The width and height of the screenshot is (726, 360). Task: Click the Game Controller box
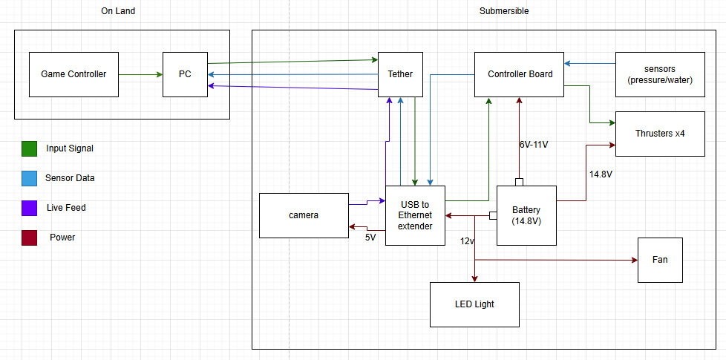[x=73, y=74]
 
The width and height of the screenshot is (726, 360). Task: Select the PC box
[x=185, y=74]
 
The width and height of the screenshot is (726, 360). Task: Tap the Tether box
[x=400, y=74]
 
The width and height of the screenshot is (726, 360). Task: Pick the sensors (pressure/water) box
[x=660, y=74]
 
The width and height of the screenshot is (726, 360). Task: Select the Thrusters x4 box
[x=660, y=134]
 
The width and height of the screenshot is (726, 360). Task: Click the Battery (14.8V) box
[x=526, y=215]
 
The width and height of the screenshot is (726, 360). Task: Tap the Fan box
[x=660, y=260]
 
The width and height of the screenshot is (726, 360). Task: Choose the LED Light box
[x=474, y=304]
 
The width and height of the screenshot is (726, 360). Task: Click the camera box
[x=304, y=215]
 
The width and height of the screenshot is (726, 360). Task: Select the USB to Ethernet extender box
[x=415, y=215]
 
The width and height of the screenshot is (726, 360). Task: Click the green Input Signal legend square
[x=29, y=148]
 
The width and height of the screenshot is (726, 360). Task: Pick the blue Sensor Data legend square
[x=29, y=178]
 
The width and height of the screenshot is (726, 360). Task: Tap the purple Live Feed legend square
[x=29, y=208]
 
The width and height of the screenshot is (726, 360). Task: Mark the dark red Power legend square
[x=29, y=238]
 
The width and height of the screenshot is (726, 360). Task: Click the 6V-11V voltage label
[x=533, y=144]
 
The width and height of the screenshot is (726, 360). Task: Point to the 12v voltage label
[x=466, y=241]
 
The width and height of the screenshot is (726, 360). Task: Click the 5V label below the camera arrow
[x=370, y=238]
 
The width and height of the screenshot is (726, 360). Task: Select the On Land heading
[x=118, y=11]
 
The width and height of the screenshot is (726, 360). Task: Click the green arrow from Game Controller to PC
[x=140, y=74]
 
